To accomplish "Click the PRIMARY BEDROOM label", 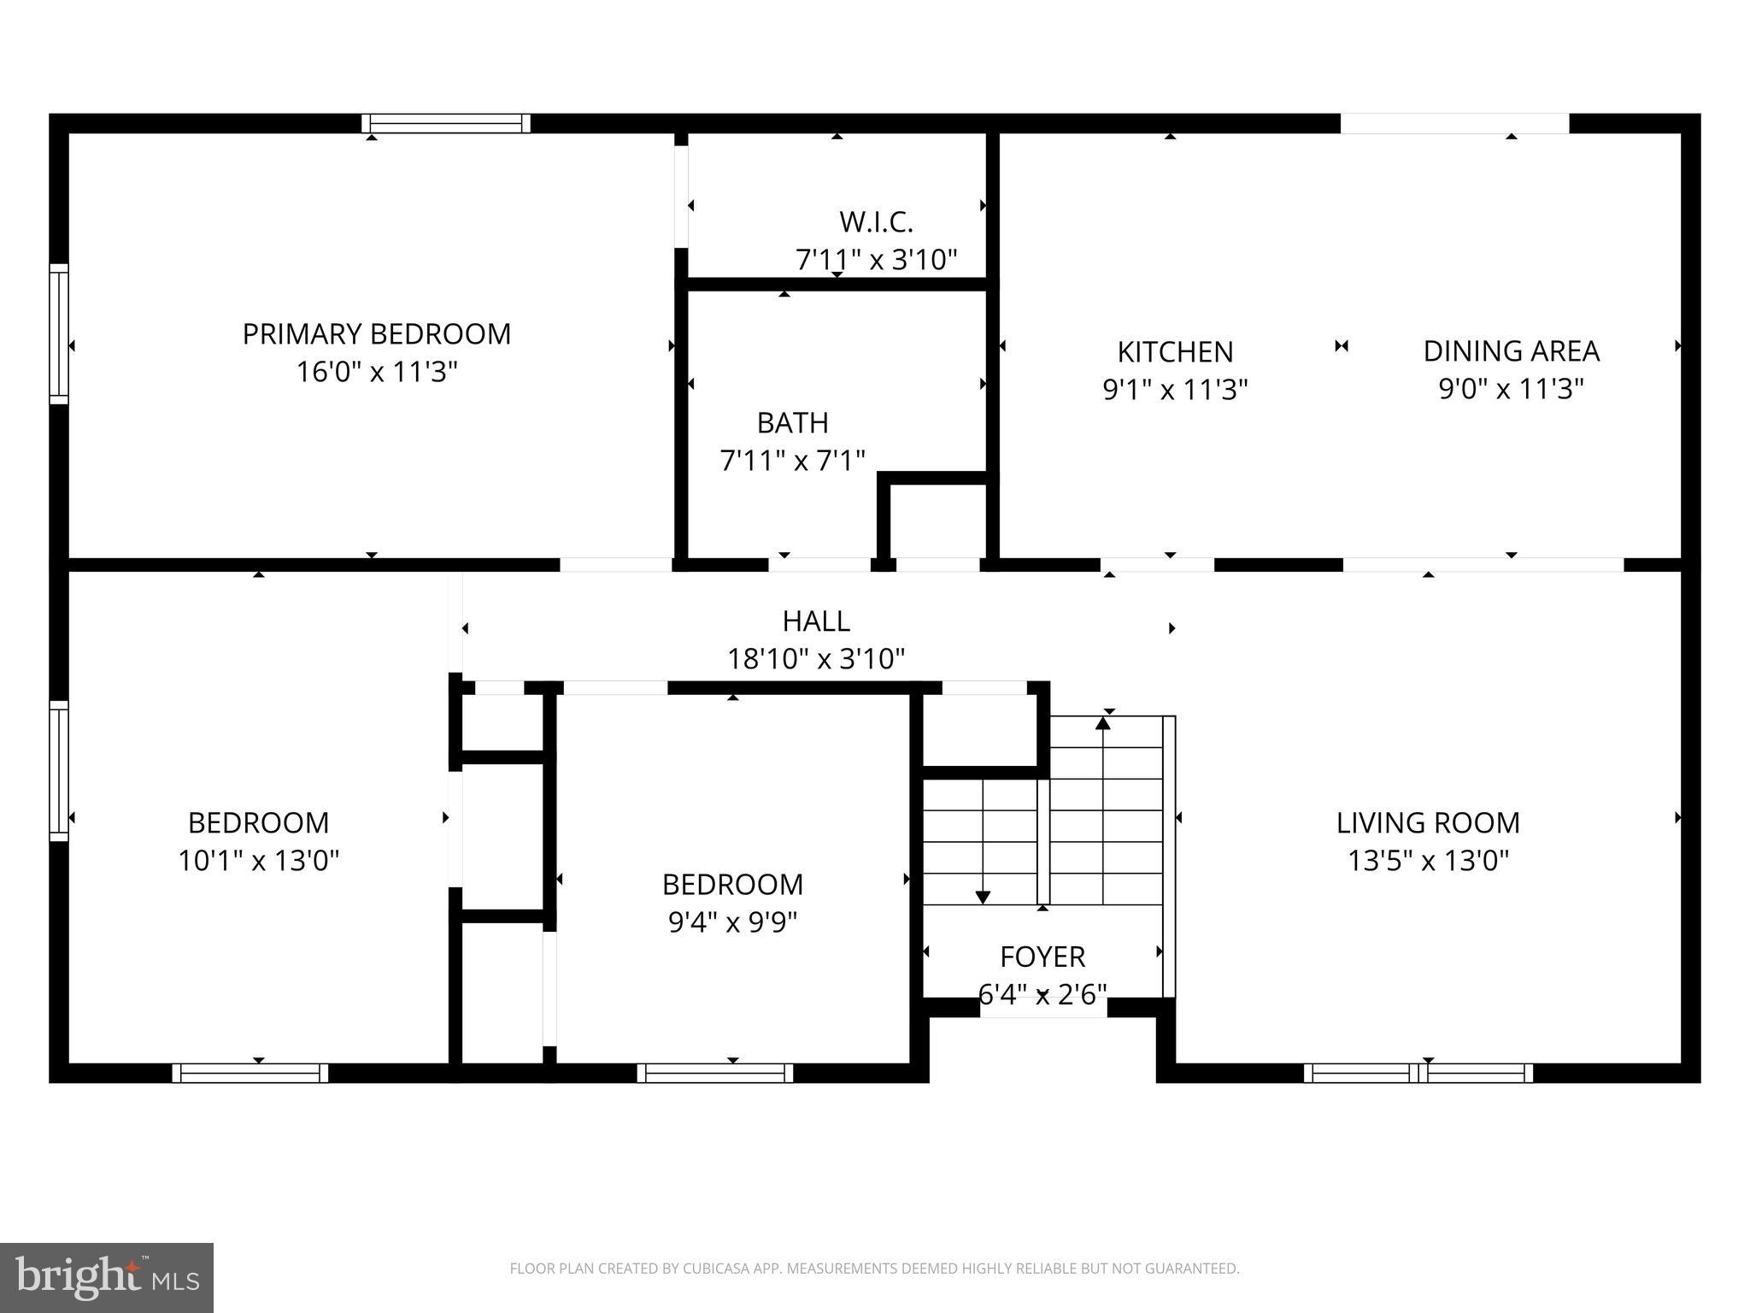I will point(377,333).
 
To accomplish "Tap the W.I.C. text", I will point(876,222).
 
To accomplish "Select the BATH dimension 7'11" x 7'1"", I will point(792,461).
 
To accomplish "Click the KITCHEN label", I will point(1175,352).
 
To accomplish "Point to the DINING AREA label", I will point(1511,351).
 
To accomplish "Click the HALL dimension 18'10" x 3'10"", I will point(815,659).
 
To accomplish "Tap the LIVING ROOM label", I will point(1428,822).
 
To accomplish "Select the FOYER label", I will point(1042,956).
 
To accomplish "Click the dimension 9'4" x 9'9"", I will point(732,921).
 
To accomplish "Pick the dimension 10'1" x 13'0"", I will point(258,860).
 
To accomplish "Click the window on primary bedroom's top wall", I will point(446,124).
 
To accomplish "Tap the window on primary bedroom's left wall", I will point(58,333).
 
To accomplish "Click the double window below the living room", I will point(1418,1073).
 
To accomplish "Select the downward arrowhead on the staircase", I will point(983,897).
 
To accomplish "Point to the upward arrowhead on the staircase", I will point(1103,723).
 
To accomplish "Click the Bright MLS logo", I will point(107,1277).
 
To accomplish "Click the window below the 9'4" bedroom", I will point(715,1073).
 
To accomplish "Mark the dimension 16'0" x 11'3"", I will point(377,372).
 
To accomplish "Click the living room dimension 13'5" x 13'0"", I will point(1428,860).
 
